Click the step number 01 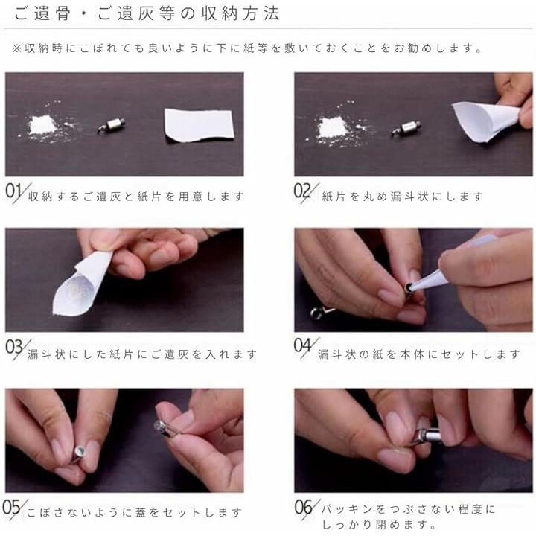point(13,191)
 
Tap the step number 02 point(302,191)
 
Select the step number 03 point(14,348)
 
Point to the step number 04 point(303,345)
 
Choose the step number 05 point(11,507)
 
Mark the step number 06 point(304,507)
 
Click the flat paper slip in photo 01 point(199,125)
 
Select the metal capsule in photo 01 point(111,125)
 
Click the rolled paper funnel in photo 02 point(485,121)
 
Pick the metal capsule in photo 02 point(406,128)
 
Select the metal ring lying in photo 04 point(317,313)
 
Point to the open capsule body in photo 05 point(80,453)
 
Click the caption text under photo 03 point(142,354)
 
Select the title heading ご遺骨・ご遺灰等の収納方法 point(147,13)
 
